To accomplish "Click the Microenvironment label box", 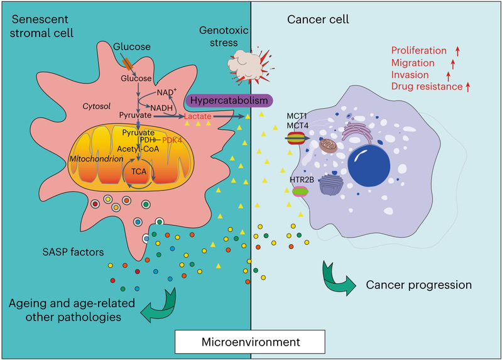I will (x=251, y=344).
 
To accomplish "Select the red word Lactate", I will (x=199, y=117).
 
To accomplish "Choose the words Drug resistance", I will (x=427, y=86).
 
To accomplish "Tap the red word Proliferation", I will (x=418, y=50).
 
